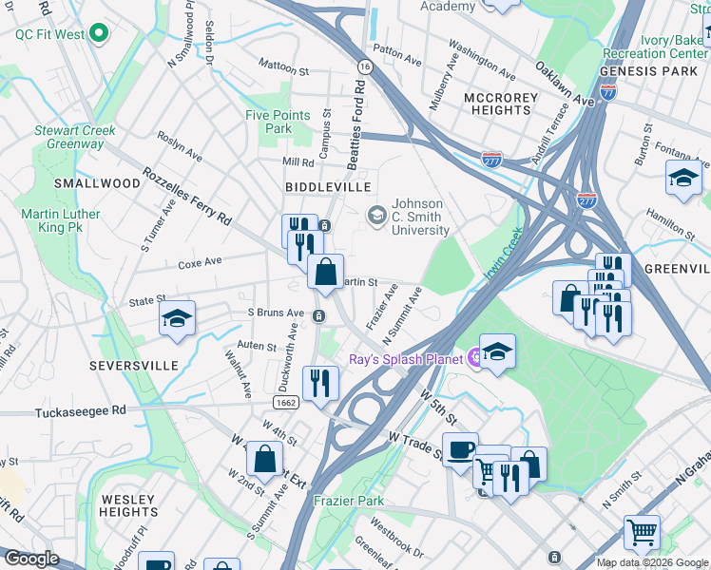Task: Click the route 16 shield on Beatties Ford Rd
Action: click(x=364, y=66)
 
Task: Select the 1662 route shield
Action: click(x=286, y=404)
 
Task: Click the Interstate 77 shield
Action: click(x=608, y=92)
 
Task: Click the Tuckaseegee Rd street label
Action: click(x=80, y=412)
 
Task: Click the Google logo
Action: click(x=30, y=558)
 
